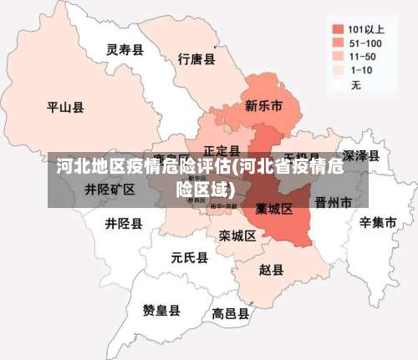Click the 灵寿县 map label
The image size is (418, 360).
[x=125, y=49]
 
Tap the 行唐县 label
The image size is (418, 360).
[x=196, y=59]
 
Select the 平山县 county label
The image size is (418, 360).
[x=65, y=107]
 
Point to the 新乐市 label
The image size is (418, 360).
[x=263, y=106]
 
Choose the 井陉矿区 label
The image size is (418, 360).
[x=110, y=190]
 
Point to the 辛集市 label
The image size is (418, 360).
[x=378, y=222]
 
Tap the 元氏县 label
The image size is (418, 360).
[x=189, y=257]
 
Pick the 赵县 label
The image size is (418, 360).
[x=271, y=270]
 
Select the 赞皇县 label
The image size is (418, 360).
[x=161, y=311]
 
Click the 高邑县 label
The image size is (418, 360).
[x=230, y=314]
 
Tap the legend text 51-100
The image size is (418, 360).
[x=366, y=43]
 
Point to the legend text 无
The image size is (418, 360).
[x=356, y=85]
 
